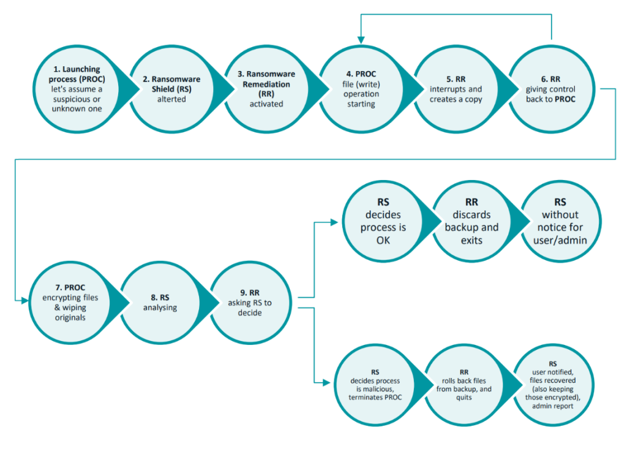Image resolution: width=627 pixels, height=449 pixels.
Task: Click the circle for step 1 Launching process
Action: tap(77, 89)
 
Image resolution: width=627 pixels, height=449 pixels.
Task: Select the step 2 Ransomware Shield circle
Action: tap(171, 89)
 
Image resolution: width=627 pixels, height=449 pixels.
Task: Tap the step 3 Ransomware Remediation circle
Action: tap(266, 89)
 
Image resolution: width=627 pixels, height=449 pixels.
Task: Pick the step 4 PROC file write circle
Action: tap(361, 89)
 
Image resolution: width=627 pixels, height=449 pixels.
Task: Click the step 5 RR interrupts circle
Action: tap(456, 89)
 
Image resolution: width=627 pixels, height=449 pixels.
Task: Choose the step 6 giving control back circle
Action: tap(551, 89)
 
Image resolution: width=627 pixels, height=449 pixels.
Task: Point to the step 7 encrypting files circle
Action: tap(70, 303)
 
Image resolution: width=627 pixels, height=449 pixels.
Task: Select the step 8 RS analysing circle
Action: tap(160, 303)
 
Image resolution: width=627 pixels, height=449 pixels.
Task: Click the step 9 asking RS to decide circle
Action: tap(250, 303)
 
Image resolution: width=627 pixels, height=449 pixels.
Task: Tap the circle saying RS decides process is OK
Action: tap(383, 221)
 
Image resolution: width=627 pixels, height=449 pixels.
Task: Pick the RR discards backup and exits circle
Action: tap(472, 221)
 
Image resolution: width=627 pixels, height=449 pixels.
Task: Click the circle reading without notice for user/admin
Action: tap(560, 221)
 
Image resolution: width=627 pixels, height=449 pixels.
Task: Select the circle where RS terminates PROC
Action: tap(375, 385)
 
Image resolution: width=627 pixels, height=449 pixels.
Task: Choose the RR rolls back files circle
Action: tap(464, 385)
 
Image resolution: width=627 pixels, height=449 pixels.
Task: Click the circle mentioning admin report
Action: tap(553, 385)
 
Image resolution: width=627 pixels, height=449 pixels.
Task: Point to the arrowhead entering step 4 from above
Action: tap(361, 40)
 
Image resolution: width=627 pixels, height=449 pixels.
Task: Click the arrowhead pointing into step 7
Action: tap(24, 300)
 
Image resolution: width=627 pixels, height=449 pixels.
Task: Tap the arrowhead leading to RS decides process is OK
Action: tap(334, 222)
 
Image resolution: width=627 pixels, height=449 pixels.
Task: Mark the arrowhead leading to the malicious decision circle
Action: tap(326, 383)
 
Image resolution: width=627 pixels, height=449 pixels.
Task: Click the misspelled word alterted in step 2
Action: tap(171, 99)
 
